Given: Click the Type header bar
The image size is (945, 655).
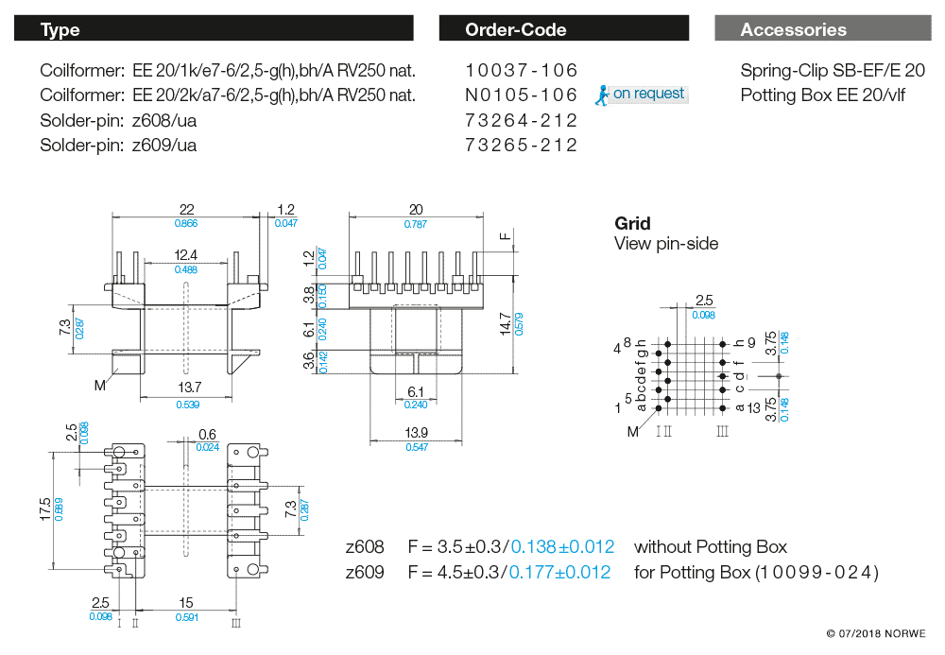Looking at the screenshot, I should [214, 29].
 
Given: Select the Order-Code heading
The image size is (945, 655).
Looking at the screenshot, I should [515, 29].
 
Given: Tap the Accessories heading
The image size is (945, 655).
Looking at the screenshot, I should [793, 29].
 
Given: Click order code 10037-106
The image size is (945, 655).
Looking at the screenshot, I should [521, 71].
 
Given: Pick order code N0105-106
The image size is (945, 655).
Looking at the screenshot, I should [521, 95].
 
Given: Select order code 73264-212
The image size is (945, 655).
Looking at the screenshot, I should [521, 120].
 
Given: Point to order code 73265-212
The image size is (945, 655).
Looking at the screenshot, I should [521, 145].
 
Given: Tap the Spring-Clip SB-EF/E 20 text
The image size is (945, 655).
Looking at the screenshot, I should [833, 71].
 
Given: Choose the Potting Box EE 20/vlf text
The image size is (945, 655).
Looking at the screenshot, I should [822, 95].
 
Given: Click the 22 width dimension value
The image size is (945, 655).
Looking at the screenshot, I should [186, 209].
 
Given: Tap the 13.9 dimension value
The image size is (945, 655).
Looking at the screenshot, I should [416, 432].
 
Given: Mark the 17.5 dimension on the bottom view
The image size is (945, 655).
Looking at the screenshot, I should [44, 511].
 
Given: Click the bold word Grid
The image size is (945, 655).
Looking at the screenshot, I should [632, 224].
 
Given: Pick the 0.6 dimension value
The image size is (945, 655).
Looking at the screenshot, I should [207, 435].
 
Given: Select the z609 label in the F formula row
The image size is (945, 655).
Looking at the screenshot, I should [365, 572].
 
